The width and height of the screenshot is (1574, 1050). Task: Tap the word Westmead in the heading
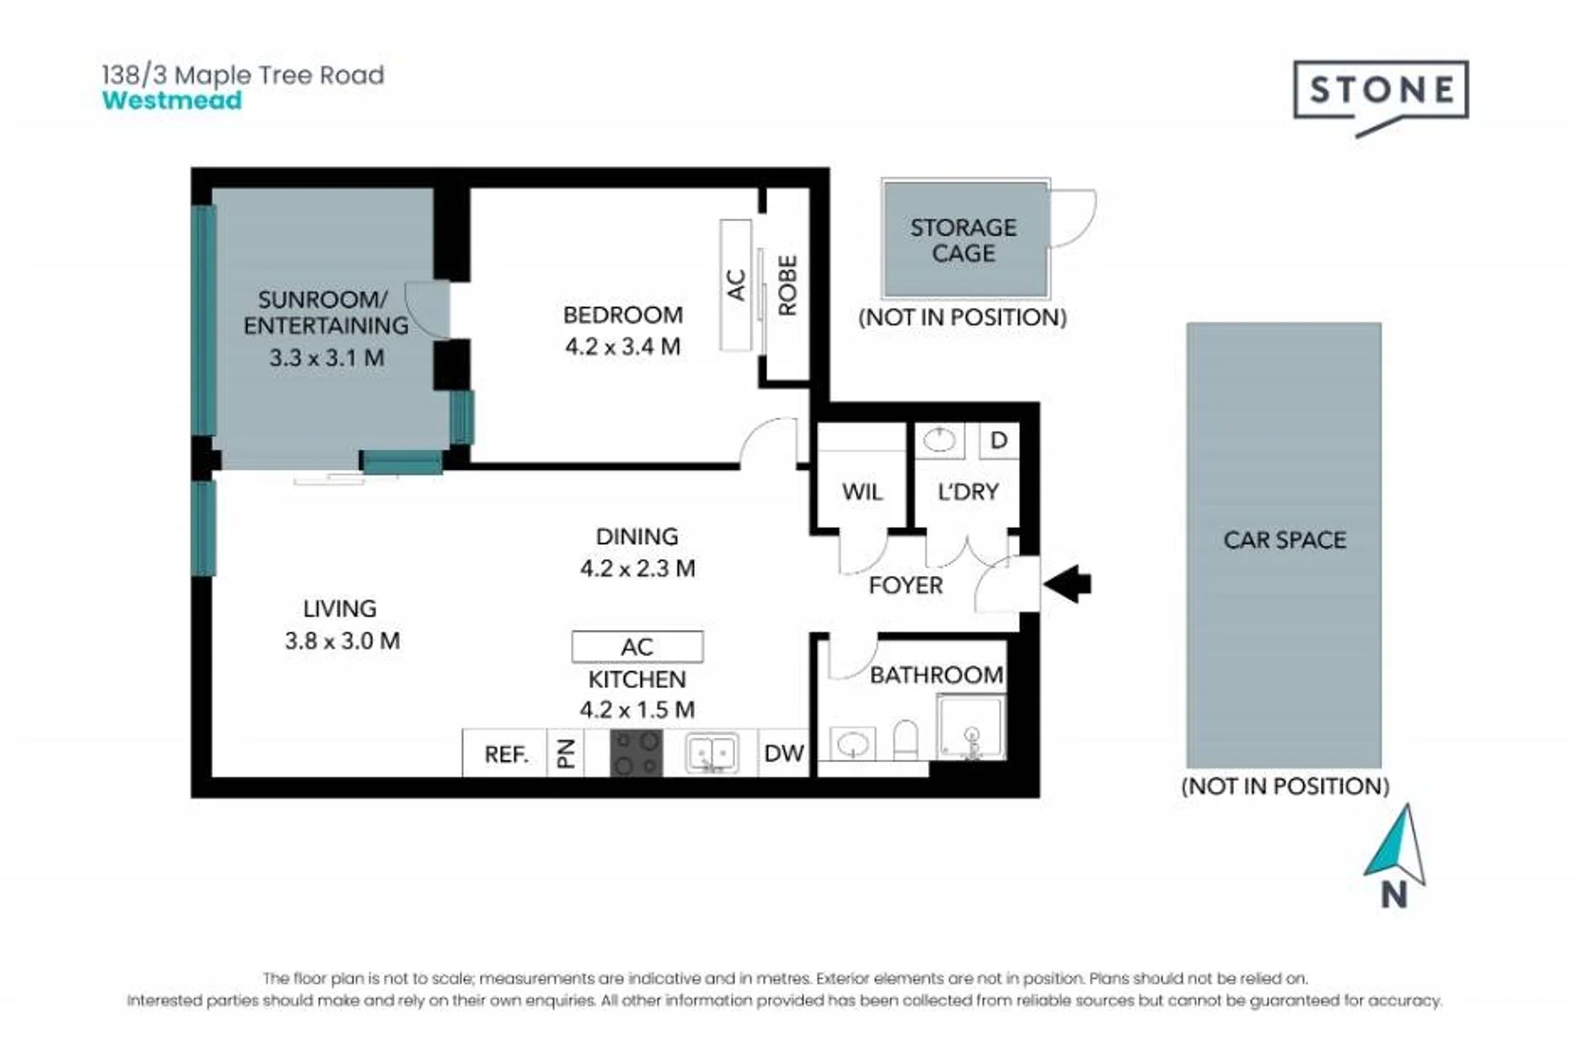coord(172,101)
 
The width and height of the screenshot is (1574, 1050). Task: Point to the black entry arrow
coord(1067,584)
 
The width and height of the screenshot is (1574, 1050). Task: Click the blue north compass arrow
coord(1395,844)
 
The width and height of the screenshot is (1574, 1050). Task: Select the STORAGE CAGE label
coord(963,240)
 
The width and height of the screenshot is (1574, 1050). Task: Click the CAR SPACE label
coord(1284,540)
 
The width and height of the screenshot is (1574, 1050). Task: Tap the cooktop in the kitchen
coord(636,752)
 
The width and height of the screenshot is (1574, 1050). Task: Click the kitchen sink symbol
coord(711,753)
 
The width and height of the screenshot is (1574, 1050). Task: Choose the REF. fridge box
coord(504,752)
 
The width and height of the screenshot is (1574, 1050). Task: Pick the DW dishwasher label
coord(783,753)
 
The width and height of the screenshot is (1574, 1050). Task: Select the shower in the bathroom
coord(971,728)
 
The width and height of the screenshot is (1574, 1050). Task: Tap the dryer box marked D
coord(999,441)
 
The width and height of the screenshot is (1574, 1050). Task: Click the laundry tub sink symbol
coord(939,441)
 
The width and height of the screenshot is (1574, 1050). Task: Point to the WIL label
coord(862,492)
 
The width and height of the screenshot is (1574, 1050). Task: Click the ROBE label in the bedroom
coord(787,285)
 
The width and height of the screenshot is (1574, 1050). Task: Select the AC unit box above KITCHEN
coord(637,646)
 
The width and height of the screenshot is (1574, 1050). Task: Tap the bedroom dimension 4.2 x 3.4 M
coord(623,346)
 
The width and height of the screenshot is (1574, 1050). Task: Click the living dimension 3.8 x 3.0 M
coord(342,641)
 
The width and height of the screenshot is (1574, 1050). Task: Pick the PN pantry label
coord(566,753)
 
